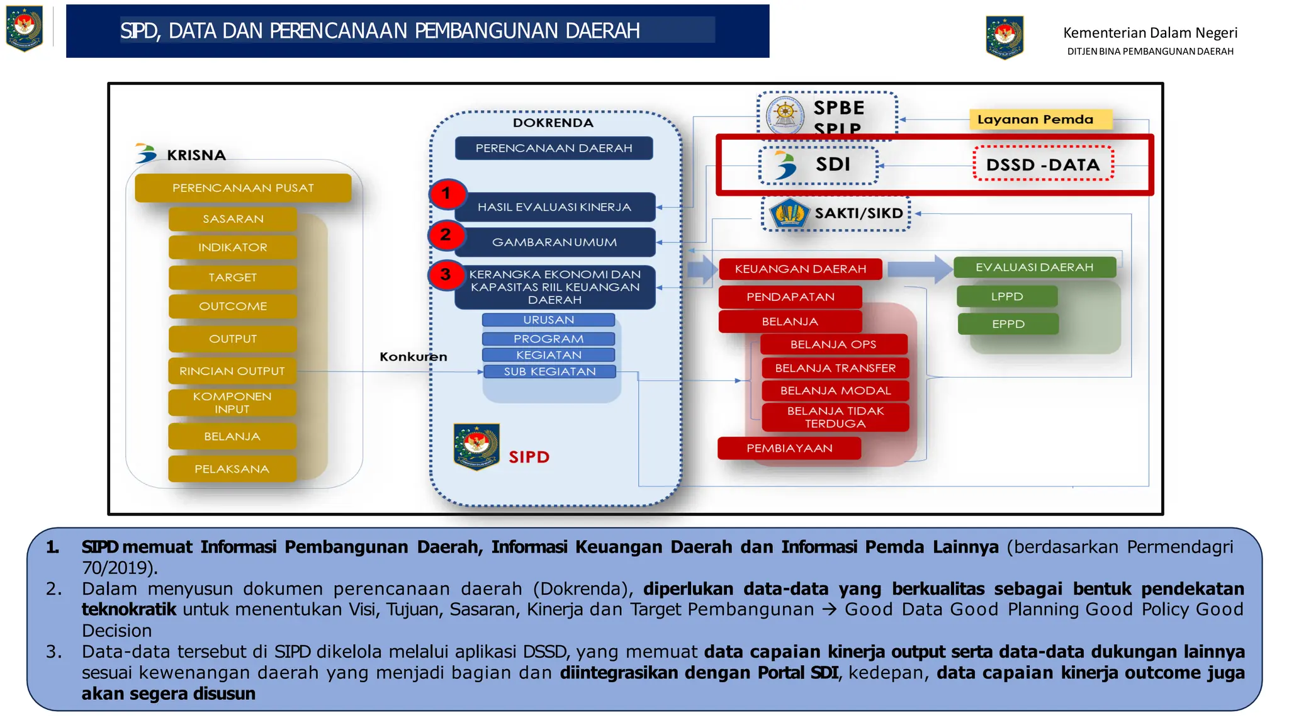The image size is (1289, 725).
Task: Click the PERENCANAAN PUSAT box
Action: click(243, 188)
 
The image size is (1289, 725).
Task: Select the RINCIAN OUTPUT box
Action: click(232, 371)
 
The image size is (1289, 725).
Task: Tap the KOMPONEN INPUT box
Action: click(232, 403)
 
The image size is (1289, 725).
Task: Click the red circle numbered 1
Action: click(447, 193)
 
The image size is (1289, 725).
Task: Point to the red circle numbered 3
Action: click(446, 275)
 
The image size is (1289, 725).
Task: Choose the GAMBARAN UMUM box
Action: click(554, 242)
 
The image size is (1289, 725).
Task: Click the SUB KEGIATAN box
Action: click(549, 372)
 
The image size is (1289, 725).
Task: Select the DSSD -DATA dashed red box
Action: click(1043, 165)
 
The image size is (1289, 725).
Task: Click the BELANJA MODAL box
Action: click(835, 391)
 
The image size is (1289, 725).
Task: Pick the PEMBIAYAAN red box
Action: click(789, 448)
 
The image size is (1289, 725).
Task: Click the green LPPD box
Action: click(1007, 296)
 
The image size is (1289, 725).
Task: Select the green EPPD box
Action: click(1008, 324)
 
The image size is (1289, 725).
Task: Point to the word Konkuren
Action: click(414, 357)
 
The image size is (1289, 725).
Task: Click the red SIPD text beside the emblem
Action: click(529, 457)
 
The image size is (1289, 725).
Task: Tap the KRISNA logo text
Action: click(196, 155)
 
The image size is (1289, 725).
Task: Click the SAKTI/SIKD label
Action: click(858, 213)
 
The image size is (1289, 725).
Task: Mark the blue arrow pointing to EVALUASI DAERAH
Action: click(920, 269)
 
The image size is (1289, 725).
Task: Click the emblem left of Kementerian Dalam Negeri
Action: click(1005, 38)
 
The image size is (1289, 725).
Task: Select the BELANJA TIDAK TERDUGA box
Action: click(835, 417)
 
